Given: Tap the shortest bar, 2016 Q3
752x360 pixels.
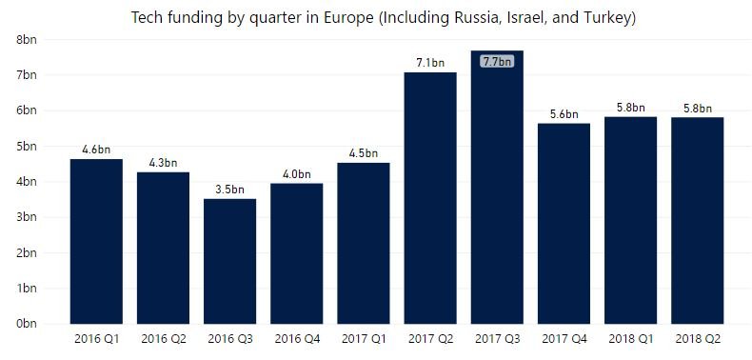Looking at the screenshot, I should [x=229, y=261].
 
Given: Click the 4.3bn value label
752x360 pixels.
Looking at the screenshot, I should [x=163, y=163].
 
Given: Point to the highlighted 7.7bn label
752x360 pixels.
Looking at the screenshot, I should [x=497, y=62].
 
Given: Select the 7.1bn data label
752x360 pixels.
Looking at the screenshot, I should [x=429, y=63].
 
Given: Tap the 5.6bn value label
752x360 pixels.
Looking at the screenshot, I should [x=564, y=114].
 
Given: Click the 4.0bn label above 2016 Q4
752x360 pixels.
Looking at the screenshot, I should [x=296, y=174].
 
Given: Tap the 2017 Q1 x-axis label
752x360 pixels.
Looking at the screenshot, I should [x=363, y=339].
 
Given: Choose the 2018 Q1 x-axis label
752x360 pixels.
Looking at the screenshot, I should [x=630, y=339].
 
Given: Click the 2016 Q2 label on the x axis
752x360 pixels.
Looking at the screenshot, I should [x=163, y=339].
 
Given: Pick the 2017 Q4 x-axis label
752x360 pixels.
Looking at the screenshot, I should [x=564, y=339].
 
